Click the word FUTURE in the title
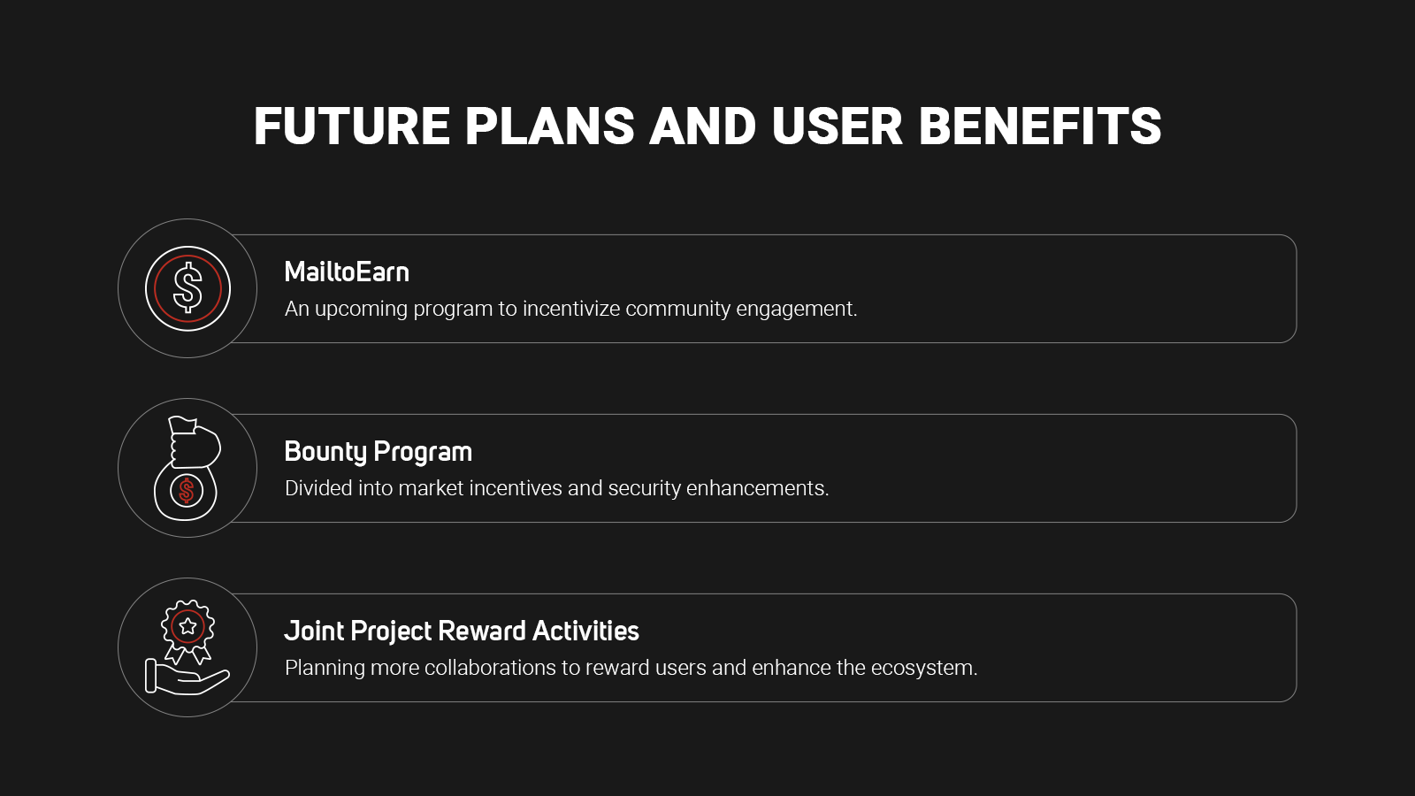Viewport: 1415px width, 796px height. [x=352, y=126]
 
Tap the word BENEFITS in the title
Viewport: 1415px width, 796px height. [x=1040, y=126]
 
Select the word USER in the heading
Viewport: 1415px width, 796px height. [x=837, y=126]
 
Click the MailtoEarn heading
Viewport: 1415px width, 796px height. [x=347, y=272]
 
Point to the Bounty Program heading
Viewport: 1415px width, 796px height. [x=379, y=452]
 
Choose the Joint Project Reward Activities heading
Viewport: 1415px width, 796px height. [x=462, y=631]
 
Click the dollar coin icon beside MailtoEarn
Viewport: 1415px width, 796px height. [x=187, y=288]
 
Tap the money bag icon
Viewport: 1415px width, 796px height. [x=187, y=468]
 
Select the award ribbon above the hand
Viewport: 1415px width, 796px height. [x=187, y=631]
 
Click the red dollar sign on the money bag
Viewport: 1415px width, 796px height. [x=186, y=490]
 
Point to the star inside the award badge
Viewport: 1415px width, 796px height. [x=187, y=627]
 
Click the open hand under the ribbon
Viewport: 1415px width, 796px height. [x=187, y=677]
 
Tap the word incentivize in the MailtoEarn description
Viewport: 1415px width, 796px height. [x=571, y=309]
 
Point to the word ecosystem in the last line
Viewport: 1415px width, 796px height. [x=924, y=669]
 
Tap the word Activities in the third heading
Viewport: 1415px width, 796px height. [x=585, y=631]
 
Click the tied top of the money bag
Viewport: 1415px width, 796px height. [x=182, y=425]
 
